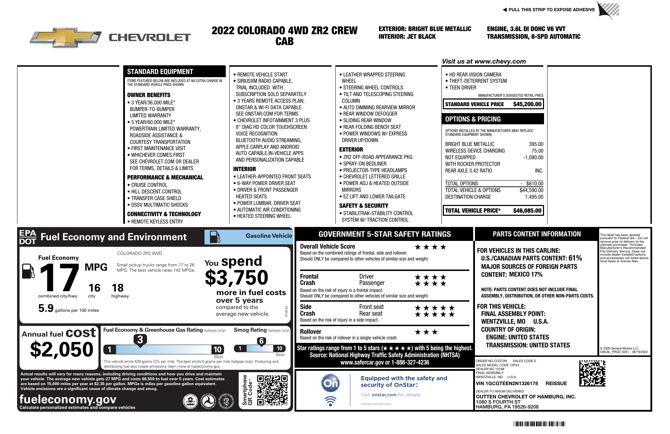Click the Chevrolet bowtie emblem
(x=66, y=37)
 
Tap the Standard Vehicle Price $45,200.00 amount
(x=527, y=104)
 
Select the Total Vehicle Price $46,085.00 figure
(x=527, y=211)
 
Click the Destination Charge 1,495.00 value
(x=534, y=197)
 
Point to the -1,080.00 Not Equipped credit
(x=533, y=157)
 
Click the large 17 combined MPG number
(x=59, y=278)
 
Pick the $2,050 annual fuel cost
(x=62, y=350)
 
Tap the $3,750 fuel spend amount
(x=236, y=278)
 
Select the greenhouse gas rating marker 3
(x=140, y=339)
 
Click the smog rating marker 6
(x=261, y=341)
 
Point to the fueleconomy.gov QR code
(x=272, y=390)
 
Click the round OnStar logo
(x=330, y=383)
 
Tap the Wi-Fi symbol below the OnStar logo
(x=330, y=401)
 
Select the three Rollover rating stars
(x=426, y=332)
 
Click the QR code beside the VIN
(x=592, y=374)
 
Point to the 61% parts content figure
(x=575, y=258)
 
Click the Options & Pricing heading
(x=473, y=119)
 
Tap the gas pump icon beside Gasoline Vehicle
(x=215, y=237)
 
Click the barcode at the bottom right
(x=539, y=424)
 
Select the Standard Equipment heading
(x=160, y=72)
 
